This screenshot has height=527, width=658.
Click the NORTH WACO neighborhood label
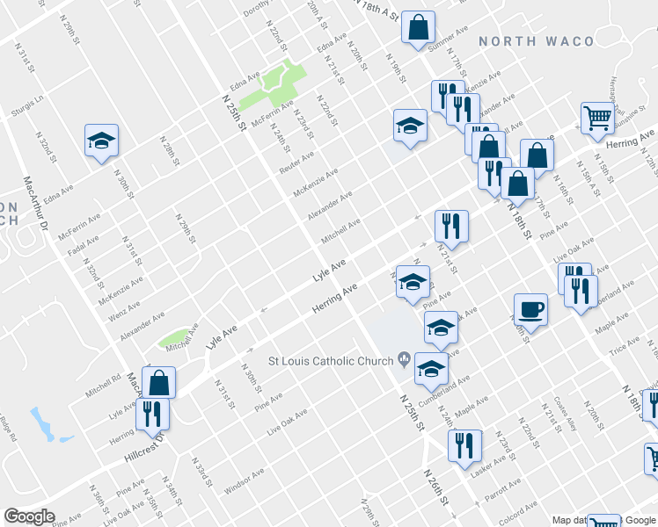click(536, 41)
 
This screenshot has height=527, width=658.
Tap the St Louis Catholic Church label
click(331, 358)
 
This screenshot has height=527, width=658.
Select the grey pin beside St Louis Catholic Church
click(404, 357)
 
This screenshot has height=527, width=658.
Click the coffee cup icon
click(530, 309)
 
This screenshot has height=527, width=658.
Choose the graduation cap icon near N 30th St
click(101, 140)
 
